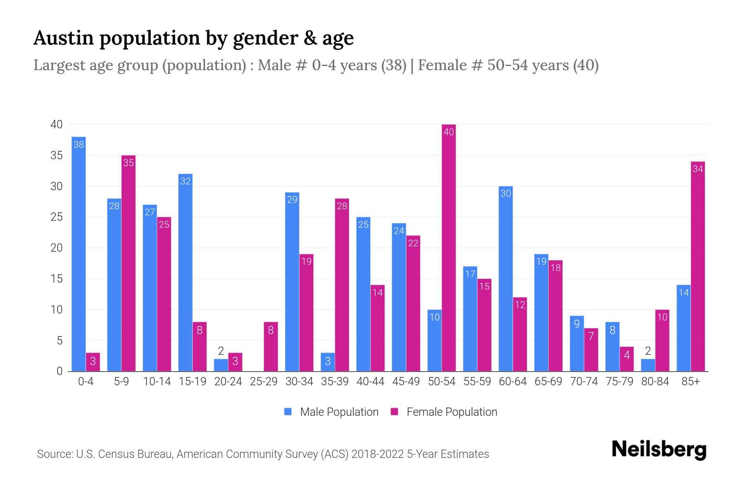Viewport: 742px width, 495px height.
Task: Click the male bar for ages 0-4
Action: (x=79, y=254)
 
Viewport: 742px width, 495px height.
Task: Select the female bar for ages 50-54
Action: (x=448, y=247)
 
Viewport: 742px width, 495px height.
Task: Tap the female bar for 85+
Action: (x=697, y=266)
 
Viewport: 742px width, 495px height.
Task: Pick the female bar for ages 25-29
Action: (x=271, y=346)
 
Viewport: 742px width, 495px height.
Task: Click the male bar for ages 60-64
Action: (x=505, y=278)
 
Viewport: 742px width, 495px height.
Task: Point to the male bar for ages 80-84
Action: (x=648, y=365)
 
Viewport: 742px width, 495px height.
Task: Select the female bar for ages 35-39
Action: (x=342, y=285)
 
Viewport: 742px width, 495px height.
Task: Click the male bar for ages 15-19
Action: (x=185, y=272)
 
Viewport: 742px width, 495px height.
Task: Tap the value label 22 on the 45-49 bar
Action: (x=413, y=243)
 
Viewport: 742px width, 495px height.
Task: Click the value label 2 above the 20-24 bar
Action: (x=221, y=351)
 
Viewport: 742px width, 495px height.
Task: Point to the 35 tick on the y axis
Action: (x=56, y=156)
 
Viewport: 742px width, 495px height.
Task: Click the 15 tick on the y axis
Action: (x=56, y=279)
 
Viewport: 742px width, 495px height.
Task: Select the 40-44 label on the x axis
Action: (x=370, y=382)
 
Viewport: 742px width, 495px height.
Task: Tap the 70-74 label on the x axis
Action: (x=584, y=382)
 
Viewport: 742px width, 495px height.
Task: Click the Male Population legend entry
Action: (x=331, y=412)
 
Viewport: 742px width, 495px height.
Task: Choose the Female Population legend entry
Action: (x=444, y=412)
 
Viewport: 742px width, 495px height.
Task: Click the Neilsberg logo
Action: (x=659, y=450)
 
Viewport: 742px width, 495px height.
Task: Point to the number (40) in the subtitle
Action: (x=586, y=65)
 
